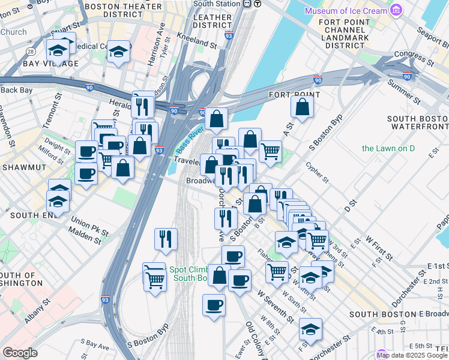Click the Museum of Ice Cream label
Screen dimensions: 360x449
pos(345,11)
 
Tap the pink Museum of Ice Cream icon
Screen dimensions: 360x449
pos(395,10)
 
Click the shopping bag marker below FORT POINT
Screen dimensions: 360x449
pos(303,107)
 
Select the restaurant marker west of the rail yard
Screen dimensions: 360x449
pos(165,238)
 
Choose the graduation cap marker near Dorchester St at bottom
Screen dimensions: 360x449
pos(310,328)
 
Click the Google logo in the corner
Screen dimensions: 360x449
pos(20,353)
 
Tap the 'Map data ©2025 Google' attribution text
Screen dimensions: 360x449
pos(412,355)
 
